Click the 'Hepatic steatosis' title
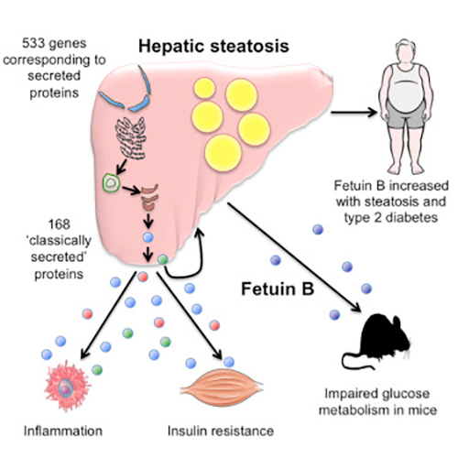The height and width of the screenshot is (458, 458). [213, 47]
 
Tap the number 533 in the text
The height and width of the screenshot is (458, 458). [32, 43]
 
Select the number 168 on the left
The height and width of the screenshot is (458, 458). [59, 224]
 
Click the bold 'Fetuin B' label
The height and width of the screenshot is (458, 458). [278, 289]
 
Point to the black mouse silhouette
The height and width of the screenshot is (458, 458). [378, 341]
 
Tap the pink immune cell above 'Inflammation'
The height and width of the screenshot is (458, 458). [67, 386]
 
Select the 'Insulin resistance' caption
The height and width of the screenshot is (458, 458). [221, 431]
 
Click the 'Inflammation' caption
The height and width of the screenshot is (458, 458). [63, 431]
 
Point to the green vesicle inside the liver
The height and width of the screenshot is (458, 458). [111, 183]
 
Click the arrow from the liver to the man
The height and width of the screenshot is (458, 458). [354, 113]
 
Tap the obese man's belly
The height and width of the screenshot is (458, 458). [406, 94]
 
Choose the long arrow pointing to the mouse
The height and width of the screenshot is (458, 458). [295, 257]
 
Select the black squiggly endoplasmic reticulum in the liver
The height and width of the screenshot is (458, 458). [130, 138]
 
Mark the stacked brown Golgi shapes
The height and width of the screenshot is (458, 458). [149, 198]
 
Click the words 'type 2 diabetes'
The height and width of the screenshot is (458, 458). [391, 218]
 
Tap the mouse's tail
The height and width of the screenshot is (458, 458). [354, 363]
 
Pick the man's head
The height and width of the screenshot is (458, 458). [406, 52]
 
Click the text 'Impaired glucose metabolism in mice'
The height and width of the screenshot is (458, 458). [377, 402]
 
